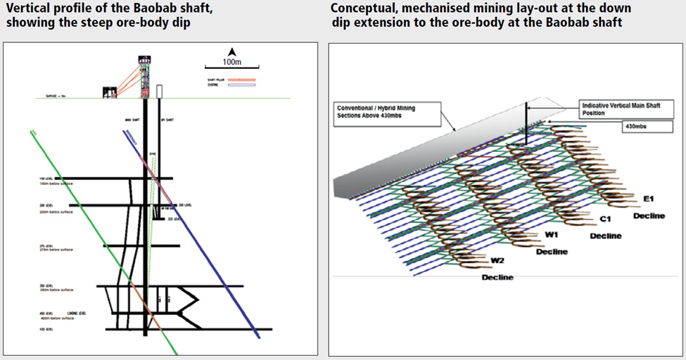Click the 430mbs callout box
pos(638,127)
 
